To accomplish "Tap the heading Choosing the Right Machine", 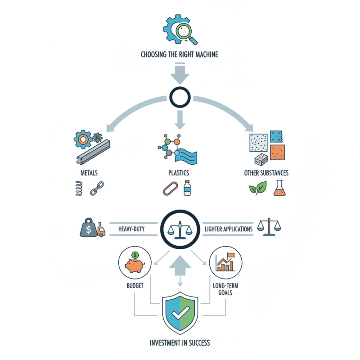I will (x=180, y=55).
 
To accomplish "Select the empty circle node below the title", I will (x=180, y=95).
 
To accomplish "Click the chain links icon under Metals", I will (x=97, y=189).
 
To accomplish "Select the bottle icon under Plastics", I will (x=187, y=188).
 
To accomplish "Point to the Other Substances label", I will (x=266, y=173).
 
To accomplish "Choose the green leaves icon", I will (x=258, y=189).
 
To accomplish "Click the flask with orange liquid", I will (x=279, y=188).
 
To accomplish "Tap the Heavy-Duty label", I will (x=131, y=229).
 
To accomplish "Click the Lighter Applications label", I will (x=229, y=229).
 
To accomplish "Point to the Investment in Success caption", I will (x=180, y=343).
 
